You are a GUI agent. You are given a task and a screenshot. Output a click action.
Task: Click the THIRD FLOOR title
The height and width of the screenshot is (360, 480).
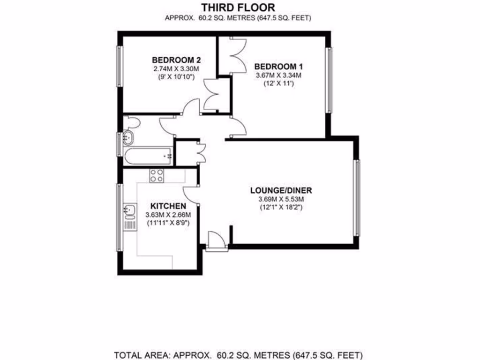coord(238,7)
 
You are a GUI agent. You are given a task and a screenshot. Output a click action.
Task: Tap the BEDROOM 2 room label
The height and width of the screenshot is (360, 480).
coord(176,60)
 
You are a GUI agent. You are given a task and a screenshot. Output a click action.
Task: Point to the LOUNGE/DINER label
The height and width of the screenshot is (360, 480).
coord(281,190)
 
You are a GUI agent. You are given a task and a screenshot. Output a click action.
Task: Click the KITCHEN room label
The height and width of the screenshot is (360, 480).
coord(168,206)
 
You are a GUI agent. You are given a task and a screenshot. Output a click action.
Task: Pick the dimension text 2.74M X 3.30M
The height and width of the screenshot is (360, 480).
coord(176,68)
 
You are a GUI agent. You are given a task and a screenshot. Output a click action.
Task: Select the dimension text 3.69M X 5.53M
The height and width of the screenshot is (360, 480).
coord(281,199)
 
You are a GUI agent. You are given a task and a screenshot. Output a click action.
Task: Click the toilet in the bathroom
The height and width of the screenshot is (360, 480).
coord(133,123)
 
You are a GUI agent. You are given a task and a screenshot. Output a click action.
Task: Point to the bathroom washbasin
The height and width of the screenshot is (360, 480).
coord(128,138)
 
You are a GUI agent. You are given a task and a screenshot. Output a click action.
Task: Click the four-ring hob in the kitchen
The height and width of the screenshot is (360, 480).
coord(157,176)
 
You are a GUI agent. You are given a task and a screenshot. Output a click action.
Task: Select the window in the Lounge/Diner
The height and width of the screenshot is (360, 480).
coord(357,197)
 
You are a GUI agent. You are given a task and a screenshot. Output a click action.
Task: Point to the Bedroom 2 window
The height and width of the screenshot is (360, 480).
coord(119,66)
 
